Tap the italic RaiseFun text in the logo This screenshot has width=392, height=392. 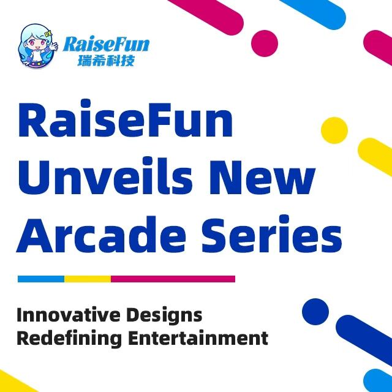[105, 44]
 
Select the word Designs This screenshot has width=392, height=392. [164, 315]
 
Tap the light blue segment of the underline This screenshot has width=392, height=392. [40, 279]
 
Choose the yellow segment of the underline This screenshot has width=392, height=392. [87, 279]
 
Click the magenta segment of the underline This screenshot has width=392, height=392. [173, 279]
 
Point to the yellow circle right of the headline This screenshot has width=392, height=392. [334, 129]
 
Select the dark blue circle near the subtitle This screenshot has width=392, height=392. [315, 311]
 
